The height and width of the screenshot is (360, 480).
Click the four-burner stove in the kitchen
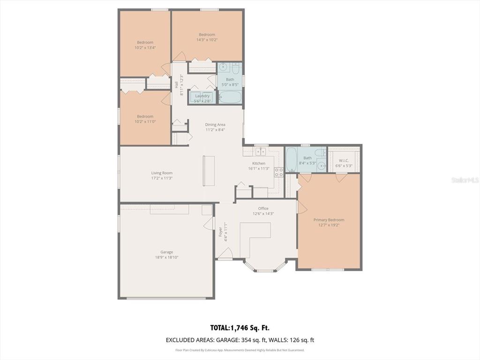[278, 172]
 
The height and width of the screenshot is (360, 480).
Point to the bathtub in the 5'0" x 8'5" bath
[230, 97]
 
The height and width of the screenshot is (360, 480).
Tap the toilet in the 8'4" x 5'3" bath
[321, 152]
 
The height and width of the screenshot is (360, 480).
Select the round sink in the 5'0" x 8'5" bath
[224, 67]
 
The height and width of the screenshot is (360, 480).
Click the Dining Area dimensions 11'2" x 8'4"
[215, 130]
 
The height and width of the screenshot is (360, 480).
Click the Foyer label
[220, 232]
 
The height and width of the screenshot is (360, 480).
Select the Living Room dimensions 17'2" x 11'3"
[162, 178]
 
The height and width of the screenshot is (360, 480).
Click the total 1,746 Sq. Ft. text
[240, 328]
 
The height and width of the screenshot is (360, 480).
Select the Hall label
[176, 85]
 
